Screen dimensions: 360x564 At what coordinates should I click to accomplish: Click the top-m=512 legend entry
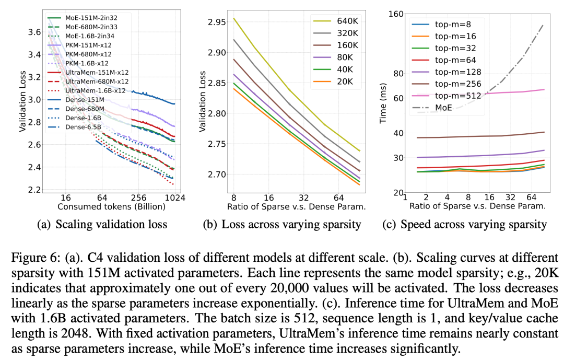pos(460,97)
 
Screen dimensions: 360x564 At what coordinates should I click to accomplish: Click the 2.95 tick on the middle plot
pos(216,22)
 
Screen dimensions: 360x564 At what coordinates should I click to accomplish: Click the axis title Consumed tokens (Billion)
pos(111,206)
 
